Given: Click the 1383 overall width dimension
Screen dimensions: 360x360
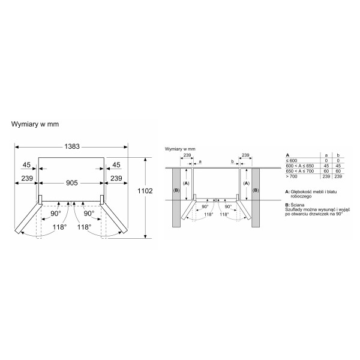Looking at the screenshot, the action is pos(72,146).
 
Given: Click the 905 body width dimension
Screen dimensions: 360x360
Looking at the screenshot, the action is pos(72,183).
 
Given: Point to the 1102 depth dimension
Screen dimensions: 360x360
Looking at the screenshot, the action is pos(145,191).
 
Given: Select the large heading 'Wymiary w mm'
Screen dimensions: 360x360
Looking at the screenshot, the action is pos(35,124).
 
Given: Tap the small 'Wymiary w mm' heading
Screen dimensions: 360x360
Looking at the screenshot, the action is pos(180,149).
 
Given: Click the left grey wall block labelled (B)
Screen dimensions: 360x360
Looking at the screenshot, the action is pos(176,197).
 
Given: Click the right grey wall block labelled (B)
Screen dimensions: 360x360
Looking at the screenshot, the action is pos(256,197).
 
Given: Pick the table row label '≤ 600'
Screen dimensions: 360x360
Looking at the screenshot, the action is pos(292,161).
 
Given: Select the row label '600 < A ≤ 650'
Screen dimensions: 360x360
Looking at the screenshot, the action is pos(300,166).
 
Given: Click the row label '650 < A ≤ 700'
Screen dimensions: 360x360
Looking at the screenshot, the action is pos(300,171).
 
